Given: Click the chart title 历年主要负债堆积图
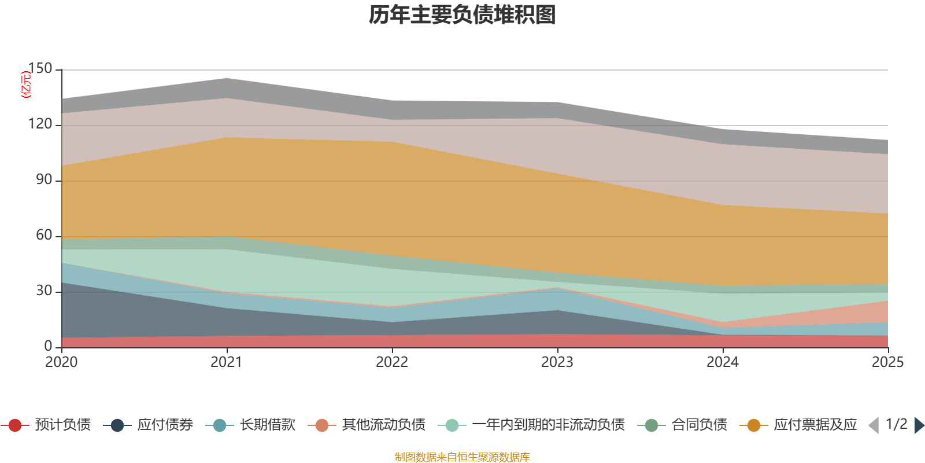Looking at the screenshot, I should click(x=462, y=15).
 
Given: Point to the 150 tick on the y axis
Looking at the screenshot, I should click(x=40, y=68).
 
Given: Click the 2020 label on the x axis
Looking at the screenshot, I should click(x=61, y=362).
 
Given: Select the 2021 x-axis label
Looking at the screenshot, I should click(x=227, y=362).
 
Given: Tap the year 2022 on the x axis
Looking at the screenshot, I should click(x=392, y=362).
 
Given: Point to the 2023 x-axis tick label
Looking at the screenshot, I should click(x=557, y=362).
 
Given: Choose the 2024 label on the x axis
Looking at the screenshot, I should click(x=723, y=362).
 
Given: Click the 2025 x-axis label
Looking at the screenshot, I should click(x=887, y=362).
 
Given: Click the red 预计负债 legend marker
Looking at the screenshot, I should click(x=15, y=425).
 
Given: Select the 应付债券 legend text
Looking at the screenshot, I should click(x=165, y=425).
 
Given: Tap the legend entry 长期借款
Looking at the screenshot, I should click(x=268, y=425).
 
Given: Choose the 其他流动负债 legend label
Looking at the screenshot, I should click(x=383, y=425).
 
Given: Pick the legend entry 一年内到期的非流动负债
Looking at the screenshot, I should click(x=548, y=425).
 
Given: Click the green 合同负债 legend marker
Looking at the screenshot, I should click(x=652, y=425).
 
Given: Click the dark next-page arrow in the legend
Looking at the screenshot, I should click(x=919, y=425).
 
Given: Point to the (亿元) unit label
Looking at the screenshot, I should click(x=26, y=84).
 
